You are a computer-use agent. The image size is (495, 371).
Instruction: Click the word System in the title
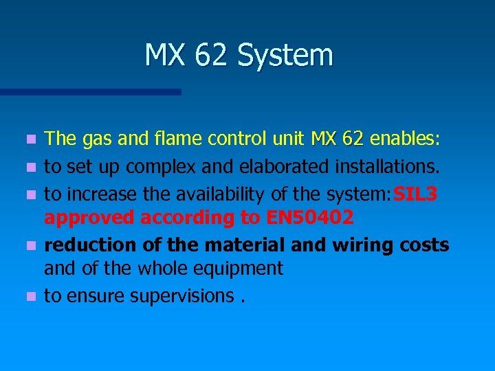coord(285,56)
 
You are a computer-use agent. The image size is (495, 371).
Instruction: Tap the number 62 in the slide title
coord(211,56)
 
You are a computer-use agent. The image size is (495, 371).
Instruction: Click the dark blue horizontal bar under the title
coord(90,91)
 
